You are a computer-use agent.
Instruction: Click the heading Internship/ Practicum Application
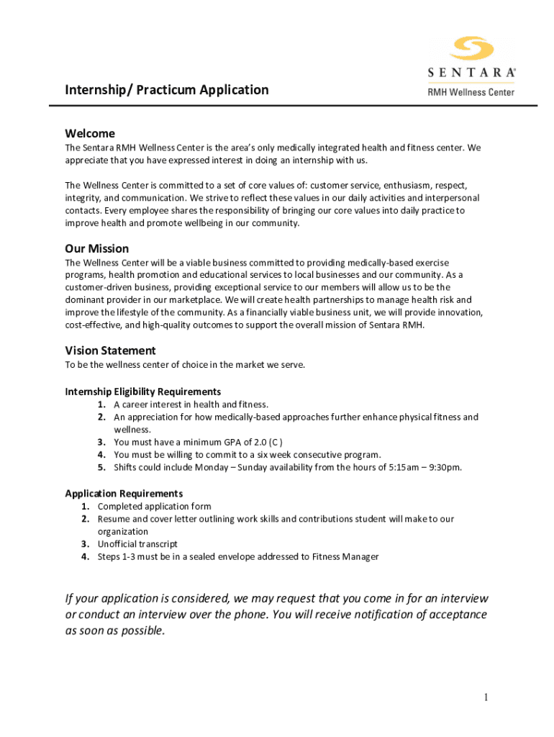[x=167, y=90]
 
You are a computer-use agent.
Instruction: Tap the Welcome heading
[x=90, y=133]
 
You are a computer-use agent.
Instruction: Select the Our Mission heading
[x=97, y=248]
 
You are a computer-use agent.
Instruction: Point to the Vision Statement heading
[x=110, y=351]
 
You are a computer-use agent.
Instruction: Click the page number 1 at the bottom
[x=486, y=697]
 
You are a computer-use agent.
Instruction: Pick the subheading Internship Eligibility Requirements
[x=143, y=392]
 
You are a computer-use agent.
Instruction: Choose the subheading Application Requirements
[x=124, y=493]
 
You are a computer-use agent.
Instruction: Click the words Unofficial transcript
[x=137, y=544]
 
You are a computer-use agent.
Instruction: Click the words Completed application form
[x=154, y=506]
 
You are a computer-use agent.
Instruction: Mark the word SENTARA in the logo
[x=472, y=73]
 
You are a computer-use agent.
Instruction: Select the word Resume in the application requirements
[x=113, y=519]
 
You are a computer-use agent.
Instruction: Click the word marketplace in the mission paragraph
[x=190, y=299]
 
